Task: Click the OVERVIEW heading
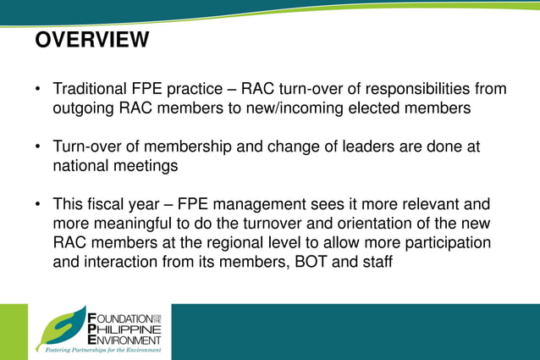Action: pos(92,40)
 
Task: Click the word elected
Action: pos(366,108)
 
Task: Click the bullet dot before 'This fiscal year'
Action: pos(38,205)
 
